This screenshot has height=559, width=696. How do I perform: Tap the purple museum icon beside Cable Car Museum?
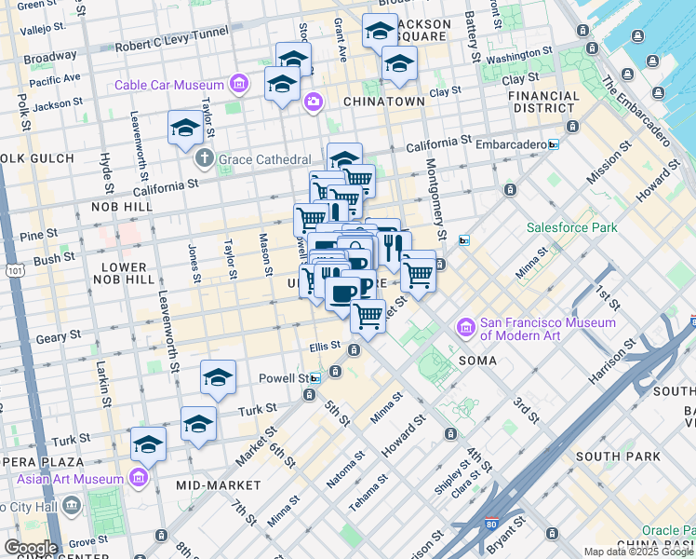(240, 86)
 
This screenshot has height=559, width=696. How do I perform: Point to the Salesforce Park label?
(571, 227)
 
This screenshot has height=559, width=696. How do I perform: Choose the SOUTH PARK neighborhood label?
(618, 457)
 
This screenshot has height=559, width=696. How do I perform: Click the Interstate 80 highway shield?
(489, 525)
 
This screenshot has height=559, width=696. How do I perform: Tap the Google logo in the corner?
(30, 548)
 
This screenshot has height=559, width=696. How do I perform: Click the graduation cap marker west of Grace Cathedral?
(185, 129)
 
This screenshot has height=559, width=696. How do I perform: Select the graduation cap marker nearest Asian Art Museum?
(148, 443)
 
